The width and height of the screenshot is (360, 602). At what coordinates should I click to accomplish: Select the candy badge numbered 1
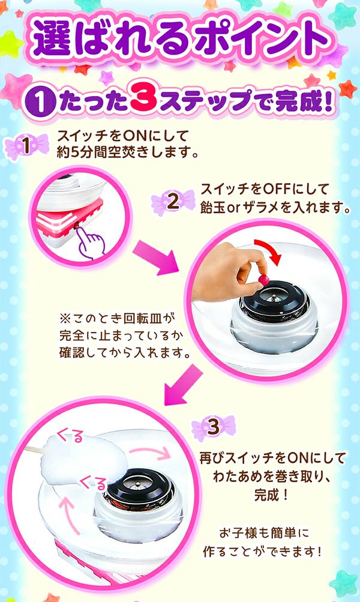pyautogui.click(x=26, y=146)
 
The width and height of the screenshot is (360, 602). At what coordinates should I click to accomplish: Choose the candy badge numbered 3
pyautogui.click(x=214, y=427)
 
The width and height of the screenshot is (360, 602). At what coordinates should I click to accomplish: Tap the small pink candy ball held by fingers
pyautogui.click(x=263, y=280)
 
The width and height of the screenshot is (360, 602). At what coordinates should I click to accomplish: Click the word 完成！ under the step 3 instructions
pyautogui.click(x=271, y=495)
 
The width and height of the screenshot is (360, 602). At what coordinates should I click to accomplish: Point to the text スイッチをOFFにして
pyautogui.click(x=265, y=189)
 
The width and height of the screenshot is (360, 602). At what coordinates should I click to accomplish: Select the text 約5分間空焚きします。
pyautogui.click(x=128, y=153)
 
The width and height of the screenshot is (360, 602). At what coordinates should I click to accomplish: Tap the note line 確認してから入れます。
pyautogui.click(x=125, y=352)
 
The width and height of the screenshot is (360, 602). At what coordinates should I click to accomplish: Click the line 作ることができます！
pyautogui.click(x=262, y=552)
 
